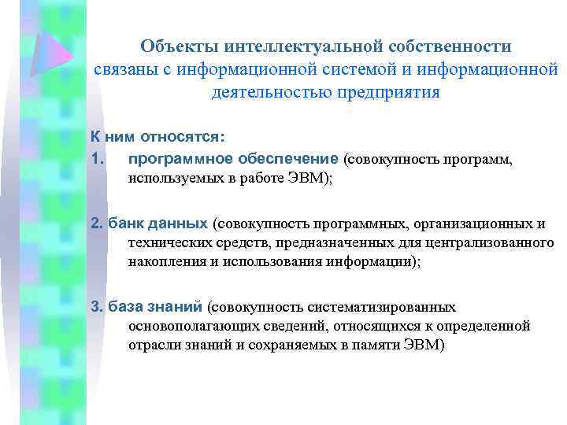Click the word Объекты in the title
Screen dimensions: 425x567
[x=176, y=47]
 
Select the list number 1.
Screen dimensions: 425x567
[x=96, y=160]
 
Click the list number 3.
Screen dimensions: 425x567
[x=96, y=306]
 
